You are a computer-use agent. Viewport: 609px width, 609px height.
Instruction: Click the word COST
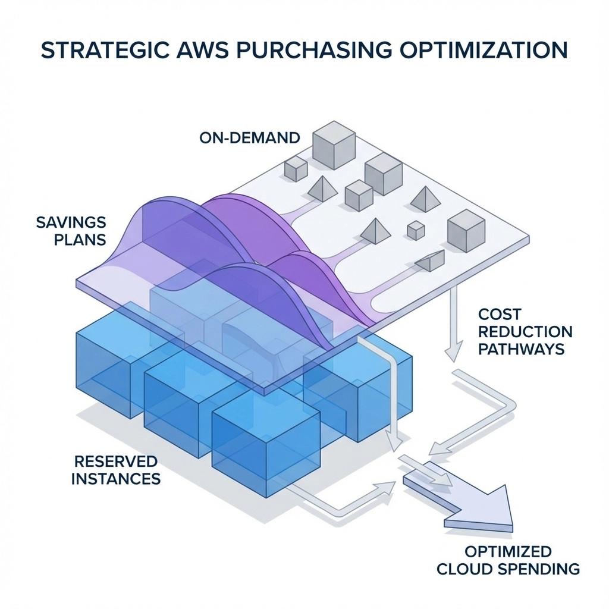499,315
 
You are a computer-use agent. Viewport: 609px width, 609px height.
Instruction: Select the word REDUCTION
525,331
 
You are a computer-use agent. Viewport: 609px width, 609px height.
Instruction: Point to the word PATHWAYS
521,349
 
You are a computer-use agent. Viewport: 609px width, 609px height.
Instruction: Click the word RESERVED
116,461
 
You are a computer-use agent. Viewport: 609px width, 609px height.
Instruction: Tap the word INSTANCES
116,478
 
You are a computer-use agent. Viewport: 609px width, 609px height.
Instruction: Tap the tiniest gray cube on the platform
416,230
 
